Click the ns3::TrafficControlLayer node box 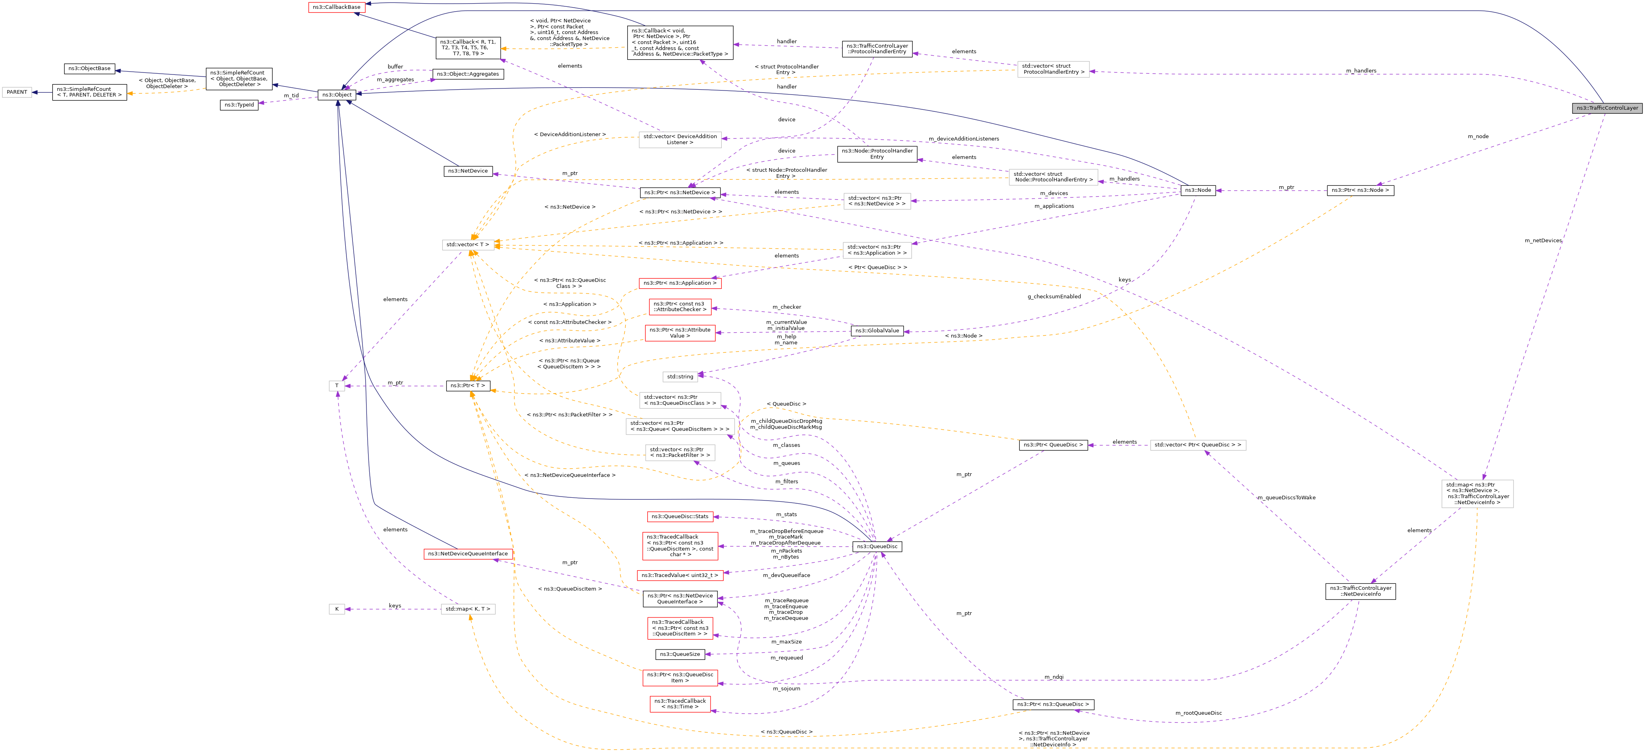[1607, 108]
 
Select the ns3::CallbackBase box [336, 7]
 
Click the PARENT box [16, 92]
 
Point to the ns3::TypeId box [239, 105]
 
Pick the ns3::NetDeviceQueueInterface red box [467, 554]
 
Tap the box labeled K [336, 609]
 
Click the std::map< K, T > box [467, 609]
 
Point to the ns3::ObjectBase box [89, 68]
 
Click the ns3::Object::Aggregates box [467, 74]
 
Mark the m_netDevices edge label [1543, 241]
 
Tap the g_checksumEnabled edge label [1054, 296]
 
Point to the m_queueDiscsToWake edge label [1286, 497]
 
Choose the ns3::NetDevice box [467, 171]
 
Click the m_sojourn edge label [786, 689]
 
